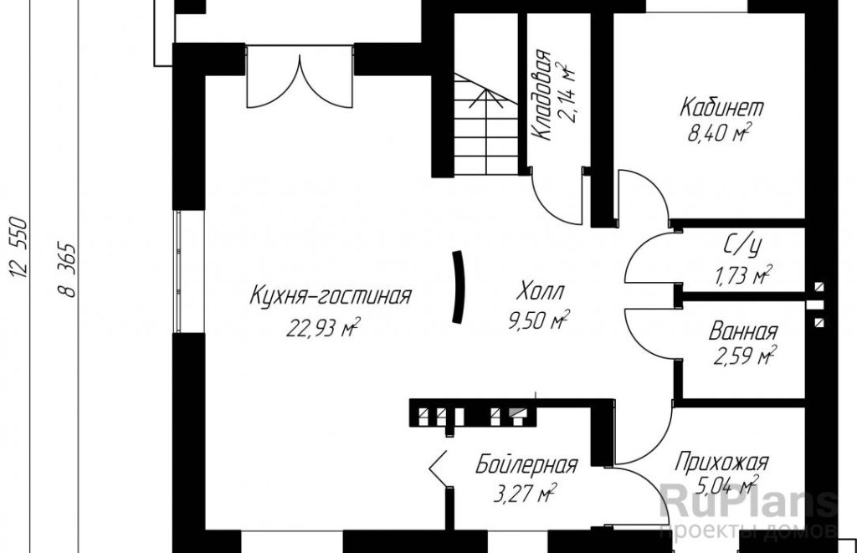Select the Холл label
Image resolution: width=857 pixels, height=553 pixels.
tap(540, 291)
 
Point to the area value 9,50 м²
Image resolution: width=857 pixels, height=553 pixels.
tap(540, 320)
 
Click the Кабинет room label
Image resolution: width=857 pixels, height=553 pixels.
tap(721, 107)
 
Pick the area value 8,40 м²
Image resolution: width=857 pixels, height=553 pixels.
tap(719, 133)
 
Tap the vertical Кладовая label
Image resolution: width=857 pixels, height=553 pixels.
tap(541, 95)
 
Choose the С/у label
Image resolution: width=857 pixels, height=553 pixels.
tap(742, 248)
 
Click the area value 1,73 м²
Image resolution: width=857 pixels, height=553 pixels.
tap(743, 276)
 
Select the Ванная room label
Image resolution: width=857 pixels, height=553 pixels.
tap(743, 331)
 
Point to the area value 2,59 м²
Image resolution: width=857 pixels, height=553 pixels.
tap(745, 357)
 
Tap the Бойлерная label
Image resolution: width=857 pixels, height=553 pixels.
tap(526, 465)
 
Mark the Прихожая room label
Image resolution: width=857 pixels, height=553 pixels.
tap(721, 463)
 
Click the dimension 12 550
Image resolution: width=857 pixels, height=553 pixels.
tap(18, 247)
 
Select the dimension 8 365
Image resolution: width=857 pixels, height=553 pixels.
tap(66, 269)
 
